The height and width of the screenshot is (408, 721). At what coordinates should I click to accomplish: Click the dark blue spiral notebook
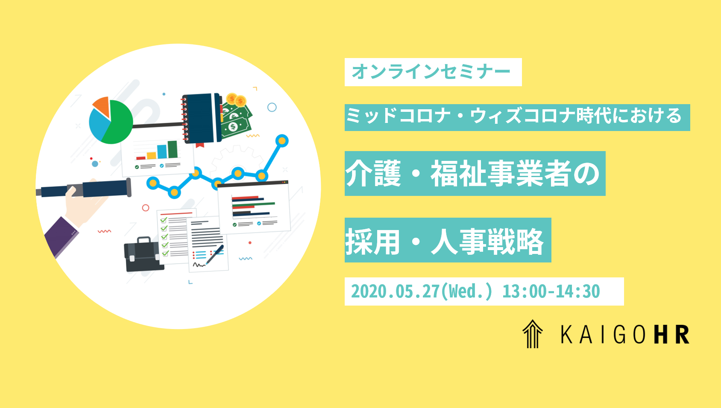coord(201,118)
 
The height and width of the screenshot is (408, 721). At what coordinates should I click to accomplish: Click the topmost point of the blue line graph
coord(282,141)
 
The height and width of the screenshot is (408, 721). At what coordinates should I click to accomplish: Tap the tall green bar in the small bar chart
coord(173,149)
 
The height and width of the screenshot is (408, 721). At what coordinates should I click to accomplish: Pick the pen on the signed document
coord(215,254)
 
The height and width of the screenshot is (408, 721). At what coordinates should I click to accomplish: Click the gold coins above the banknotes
coord(236,100)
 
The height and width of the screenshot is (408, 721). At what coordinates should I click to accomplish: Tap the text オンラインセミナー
coord(431,72)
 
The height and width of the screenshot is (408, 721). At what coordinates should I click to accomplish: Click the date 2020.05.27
coord(395,291)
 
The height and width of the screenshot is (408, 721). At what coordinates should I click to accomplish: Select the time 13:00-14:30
coord(551,291)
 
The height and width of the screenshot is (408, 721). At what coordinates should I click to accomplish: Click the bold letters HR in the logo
coord(672,334)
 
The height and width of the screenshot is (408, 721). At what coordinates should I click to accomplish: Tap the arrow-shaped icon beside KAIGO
coord(533,334)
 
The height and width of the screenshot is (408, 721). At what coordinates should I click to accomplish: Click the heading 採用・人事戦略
coord(445,241)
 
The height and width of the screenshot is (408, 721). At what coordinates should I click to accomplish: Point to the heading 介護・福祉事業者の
coord(472,174)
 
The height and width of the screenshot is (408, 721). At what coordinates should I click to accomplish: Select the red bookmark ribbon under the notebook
coord(200,145)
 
